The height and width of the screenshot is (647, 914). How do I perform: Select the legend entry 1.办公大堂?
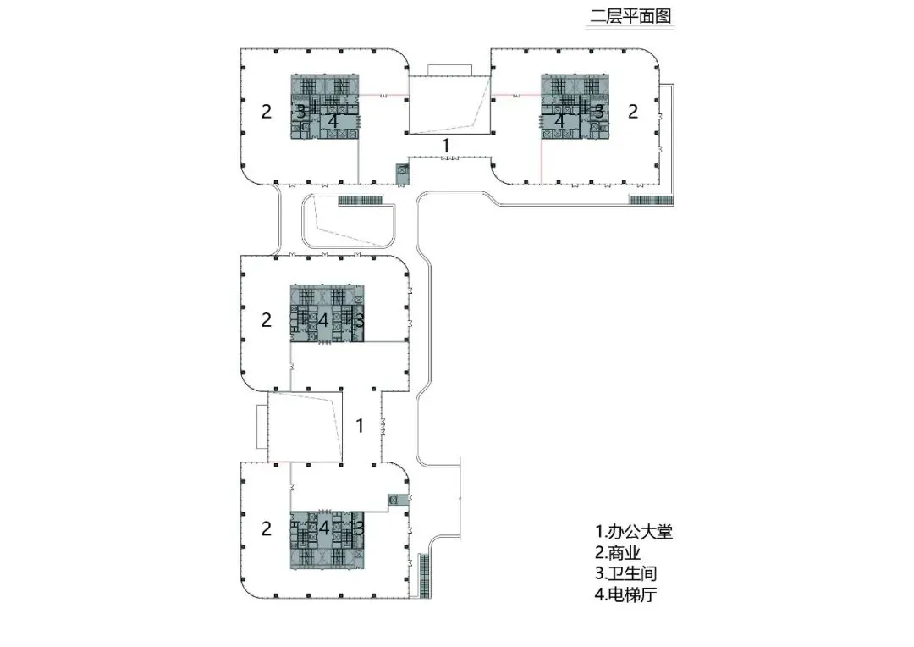[634, 533]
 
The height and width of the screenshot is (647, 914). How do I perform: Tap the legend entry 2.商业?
[623, 554]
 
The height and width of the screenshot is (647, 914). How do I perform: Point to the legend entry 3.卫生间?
[629, 574]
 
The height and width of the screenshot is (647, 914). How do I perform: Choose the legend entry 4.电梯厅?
[629, 594]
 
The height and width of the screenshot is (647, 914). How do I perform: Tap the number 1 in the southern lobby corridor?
[360, 425]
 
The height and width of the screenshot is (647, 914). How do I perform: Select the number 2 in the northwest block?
[267, 110]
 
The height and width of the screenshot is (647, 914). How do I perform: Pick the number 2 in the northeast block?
[632, 110]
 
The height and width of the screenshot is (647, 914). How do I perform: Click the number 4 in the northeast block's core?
[559, 120]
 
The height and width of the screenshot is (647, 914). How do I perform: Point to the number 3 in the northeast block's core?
[598, 110]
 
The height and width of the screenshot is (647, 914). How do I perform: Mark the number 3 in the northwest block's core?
[300, 111]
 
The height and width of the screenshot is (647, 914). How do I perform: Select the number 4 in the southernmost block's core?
[325, 527]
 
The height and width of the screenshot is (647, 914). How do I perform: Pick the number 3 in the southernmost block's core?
[359, 527]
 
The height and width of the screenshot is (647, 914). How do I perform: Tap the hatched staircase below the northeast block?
[650, 200]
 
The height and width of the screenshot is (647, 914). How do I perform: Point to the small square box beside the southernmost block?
[394, 500]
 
